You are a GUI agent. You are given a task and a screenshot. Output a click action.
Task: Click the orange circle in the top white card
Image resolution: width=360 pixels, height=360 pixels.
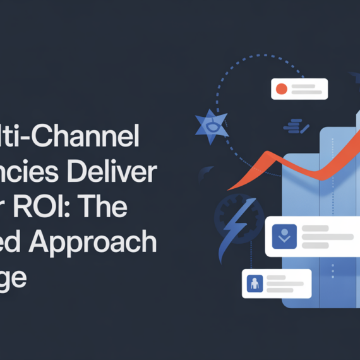coord(281,89)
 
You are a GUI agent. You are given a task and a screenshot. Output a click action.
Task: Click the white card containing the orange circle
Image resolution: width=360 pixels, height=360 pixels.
coord(299,89)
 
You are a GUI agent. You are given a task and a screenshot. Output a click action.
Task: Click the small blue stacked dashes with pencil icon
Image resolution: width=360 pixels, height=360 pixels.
coord(296,126)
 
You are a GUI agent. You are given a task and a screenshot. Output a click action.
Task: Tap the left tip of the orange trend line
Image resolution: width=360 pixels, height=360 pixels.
coord(228,189)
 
